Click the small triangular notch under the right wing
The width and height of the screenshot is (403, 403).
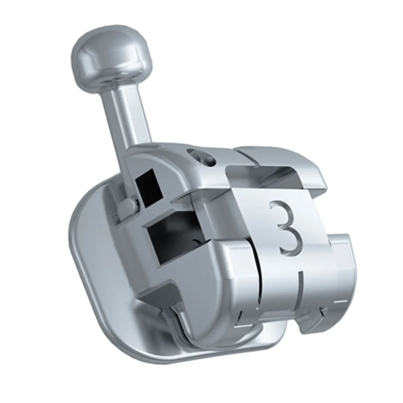tap(322, 312)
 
